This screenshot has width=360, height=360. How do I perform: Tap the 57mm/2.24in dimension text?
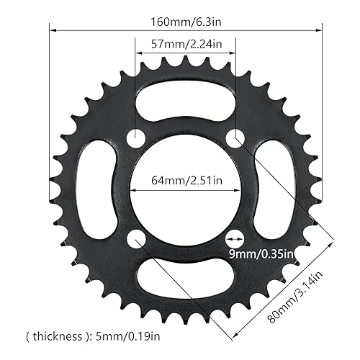coord(184,43)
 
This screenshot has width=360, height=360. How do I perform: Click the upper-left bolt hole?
coord(135,138)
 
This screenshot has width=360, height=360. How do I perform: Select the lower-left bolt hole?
coord(136,237)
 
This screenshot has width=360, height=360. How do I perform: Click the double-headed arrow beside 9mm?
coord(235,236)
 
